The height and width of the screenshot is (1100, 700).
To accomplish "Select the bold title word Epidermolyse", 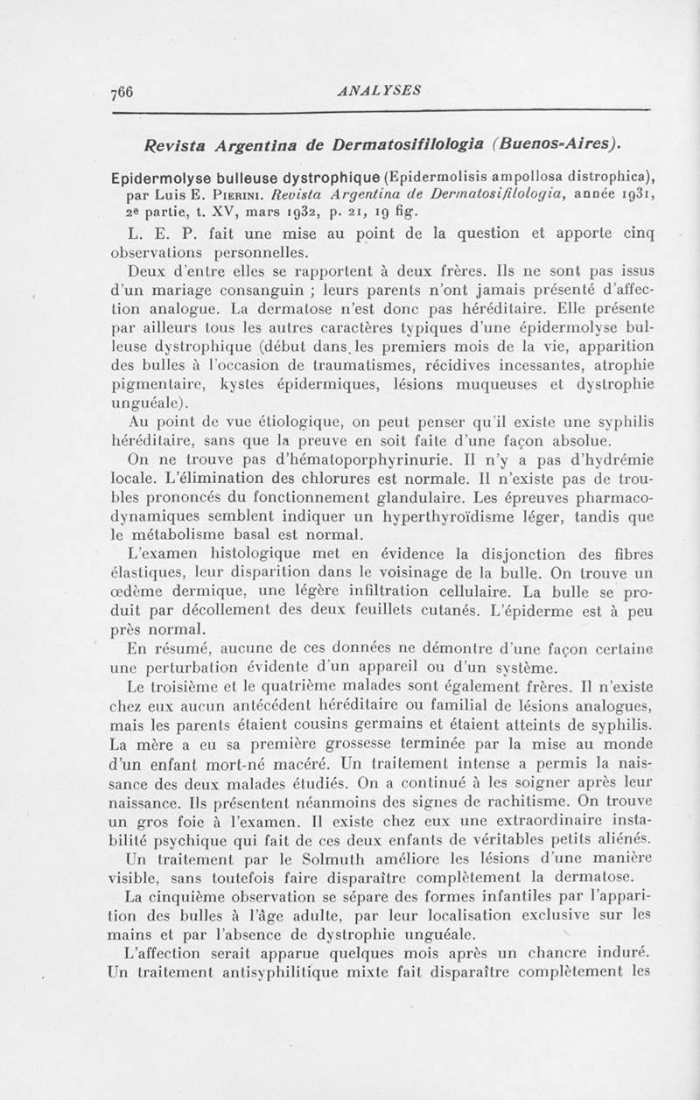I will (x=161, y=170).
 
